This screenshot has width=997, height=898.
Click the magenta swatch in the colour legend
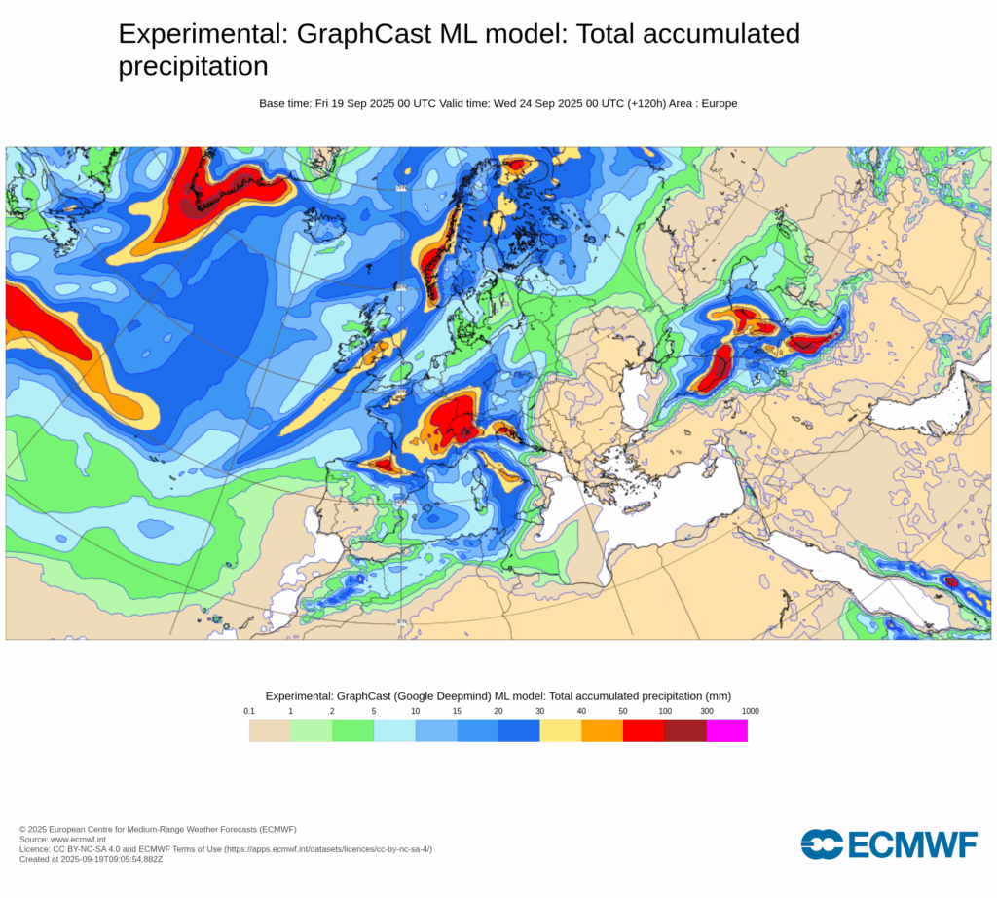(726, 730)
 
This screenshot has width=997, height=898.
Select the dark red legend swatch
(685, 730)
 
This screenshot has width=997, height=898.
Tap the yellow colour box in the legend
(560, 730)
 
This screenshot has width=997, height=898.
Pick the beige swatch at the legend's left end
(270, 730)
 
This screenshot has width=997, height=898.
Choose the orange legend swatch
(602, 730)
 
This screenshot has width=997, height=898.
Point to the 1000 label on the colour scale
(750, 711)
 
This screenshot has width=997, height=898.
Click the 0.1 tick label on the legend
(249, 711)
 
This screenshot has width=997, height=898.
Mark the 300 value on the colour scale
(707, 711)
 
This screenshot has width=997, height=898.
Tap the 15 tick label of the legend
(457, 711)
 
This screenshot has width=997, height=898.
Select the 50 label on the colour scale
(623, 711)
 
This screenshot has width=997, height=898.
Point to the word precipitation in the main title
(193, 66)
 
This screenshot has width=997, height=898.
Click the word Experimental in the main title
(197, 34)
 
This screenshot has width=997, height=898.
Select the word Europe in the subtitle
(719, 103)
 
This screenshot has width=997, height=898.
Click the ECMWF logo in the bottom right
(888, 844)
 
